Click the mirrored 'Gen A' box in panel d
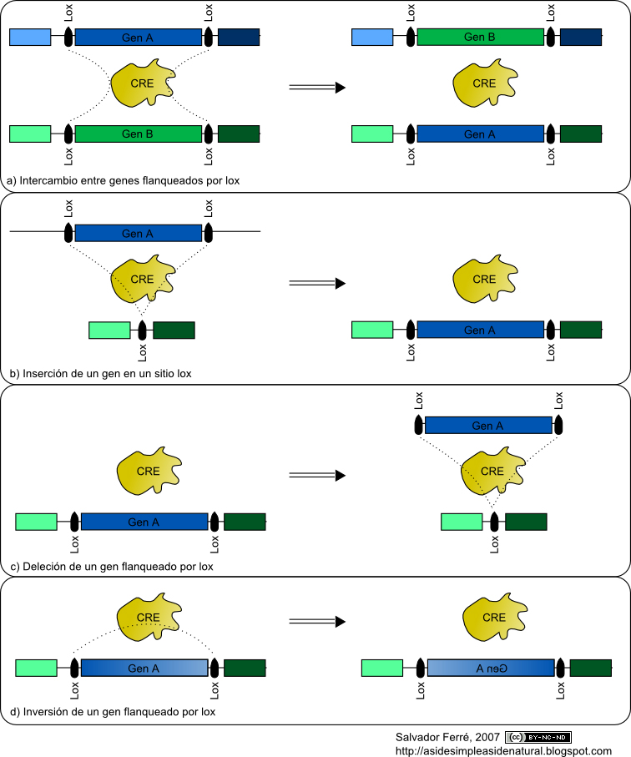(x=491, y=668)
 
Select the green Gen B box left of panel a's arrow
(x=139, y=134)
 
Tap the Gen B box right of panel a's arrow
(x=480, y=37)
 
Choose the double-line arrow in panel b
(x=317, y=283)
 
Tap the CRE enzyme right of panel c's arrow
(x=492, y=472)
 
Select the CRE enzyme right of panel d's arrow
(x=494, y=618)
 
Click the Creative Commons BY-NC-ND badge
(x=538, y=737)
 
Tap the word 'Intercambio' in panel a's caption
(x=48, y=180)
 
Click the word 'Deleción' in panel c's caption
(x=43, y=567)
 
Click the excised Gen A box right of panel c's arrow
(x=488, y=426)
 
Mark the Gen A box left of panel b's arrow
(x=139, y=234)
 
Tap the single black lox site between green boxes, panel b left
(x=142, y=330)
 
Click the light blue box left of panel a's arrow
(x=30, y=37)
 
